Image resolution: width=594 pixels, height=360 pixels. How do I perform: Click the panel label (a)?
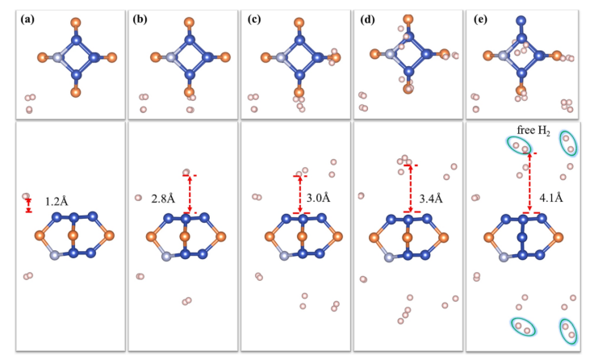pos(27,16)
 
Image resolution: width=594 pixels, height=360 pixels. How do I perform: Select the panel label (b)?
pos(139,16)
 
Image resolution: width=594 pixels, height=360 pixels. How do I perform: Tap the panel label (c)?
pos(251,16)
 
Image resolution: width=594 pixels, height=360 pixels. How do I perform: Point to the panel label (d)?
pos(364,16)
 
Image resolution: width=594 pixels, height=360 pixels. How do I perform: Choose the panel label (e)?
pos(475,16)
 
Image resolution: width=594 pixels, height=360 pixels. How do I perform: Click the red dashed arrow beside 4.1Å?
pos(529,182)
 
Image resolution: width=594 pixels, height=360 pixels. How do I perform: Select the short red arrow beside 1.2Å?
pos(29,206)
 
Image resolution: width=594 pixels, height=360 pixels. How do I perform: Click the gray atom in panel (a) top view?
pos(54,57)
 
